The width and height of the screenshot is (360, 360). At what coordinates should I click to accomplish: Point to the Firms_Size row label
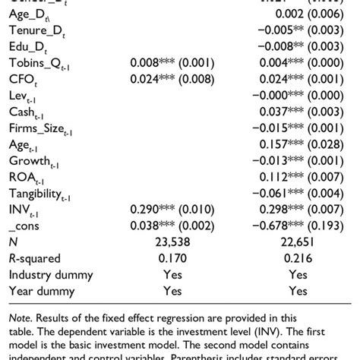pyautogui.click(x=41, y=128)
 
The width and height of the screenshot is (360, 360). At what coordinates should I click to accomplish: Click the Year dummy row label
pyautogui.click(x=41, y=291)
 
